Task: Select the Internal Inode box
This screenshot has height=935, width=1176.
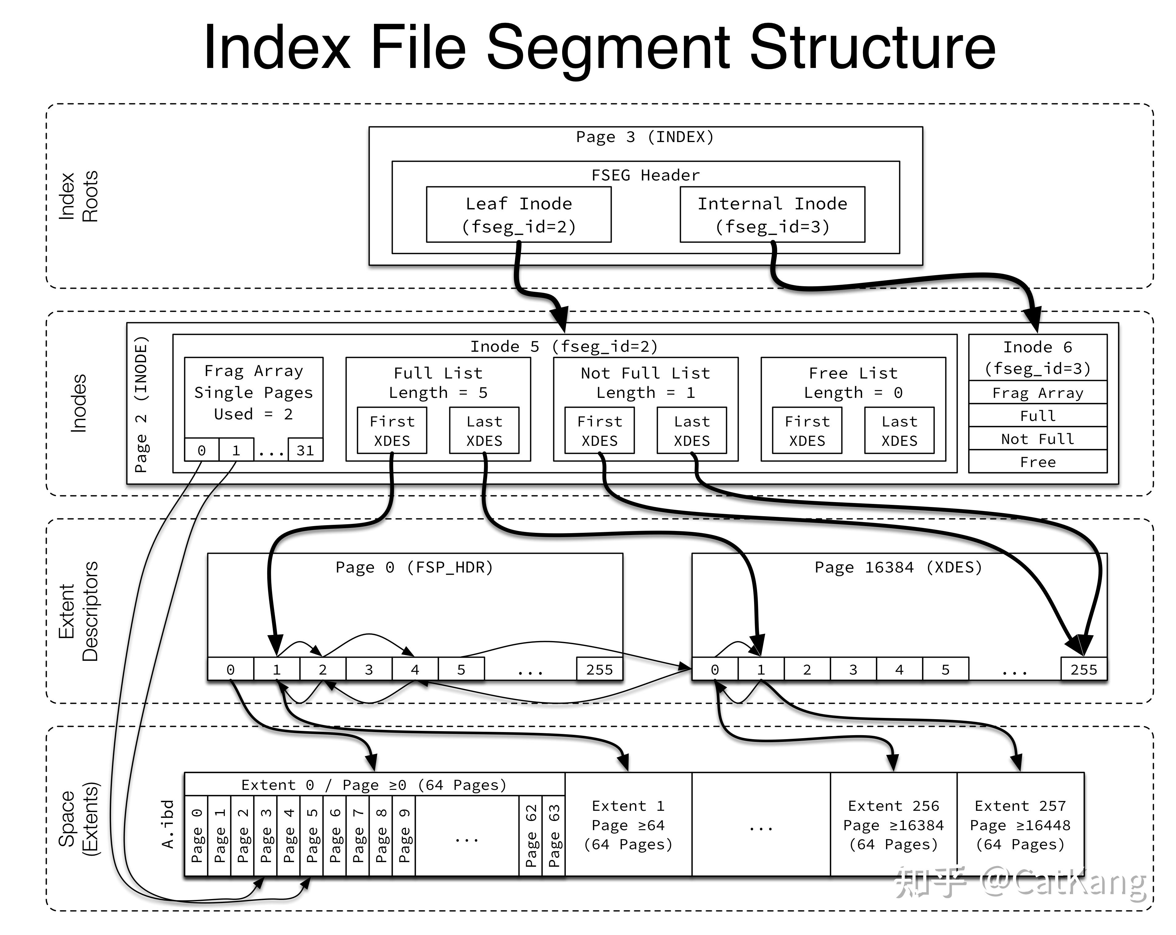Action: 772,214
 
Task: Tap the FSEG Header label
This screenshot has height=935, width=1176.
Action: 645,175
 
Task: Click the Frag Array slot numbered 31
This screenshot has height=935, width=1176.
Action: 305,450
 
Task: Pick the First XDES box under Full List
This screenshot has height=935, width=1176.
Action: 391,430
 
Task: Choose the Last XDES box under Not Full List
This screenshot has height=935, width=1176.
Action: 692,430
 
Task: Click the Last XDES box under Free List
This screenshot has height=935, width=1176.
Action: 900,430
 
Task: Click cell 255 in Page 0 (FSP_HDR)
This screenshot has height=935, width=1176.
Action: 599,669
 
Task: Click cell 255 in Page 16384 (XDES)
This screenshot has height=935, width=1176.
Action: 1084,669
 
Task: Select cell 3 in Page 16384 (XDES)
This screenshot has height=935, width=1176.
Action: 853,669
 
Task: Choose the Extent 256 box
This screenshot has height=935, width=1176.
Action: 893,824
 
